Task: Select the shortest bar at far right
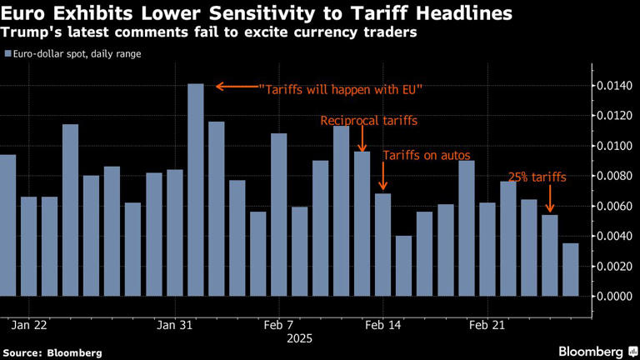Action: [570, 269]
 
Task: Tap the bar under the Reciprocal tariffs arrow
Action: [362, 223]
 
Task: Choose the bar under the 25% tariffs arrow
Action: [549, 255]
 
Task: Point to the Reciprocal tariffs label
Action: [368, 121]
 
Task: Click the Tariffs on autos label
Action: [426, 156]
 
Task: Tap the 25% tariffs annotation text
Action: [537, 177]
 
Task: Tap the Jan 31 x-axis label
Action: [174, 325]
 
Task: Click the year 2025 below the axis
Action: [299, 339]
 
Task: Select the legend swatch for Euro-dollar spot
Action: [7, 53]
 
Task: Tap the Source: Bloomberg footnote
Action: [52, 352]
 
